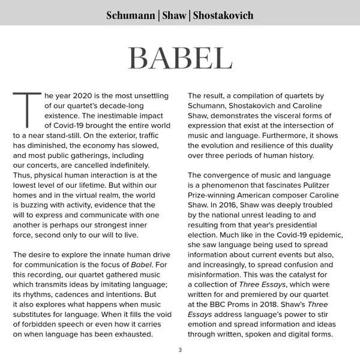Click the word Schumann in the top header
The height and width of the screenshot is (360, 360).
click(x=131, y=15)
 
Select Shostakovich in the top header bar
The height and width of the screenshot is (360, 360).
click(x=223, y=15)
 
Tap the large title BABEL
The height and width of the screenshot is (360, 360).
click(x=180, y=58)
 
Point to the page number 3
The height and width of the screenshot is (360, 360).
click(x=180, y=350)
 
